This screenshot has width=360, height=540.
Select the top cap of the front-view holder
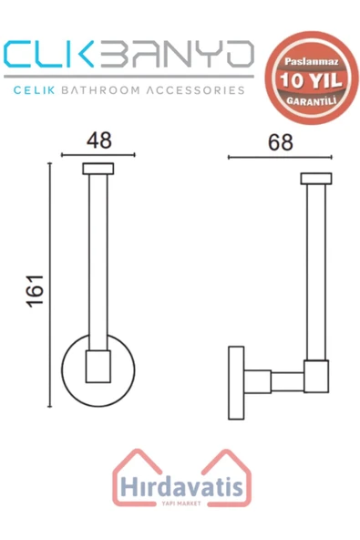click(x=96, y=168)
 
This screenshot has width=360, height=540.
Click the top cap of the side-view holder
click(x=316, y=178)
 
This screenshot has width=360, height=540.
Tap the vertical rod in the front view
click(x=96, y=265)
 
